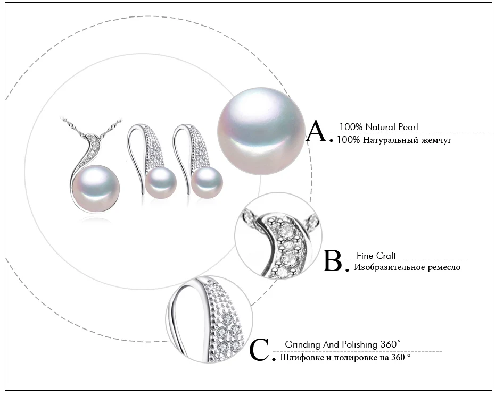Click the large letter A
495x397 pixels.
317,131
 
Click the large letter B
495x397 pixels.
333,261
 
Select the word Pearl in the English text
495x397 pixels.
408,127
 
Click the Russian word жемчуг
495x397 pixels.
436,140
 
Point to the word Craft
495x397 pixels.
385,256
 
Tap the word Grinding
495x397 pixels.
302,345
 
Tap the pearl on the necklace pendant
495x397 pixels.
96,189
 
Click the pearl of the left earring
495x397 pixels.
161,183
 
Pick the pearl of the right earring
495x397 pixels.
207,183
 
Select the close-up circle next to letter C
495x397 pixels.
209,320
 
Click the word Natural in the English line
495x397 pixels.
380,127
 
